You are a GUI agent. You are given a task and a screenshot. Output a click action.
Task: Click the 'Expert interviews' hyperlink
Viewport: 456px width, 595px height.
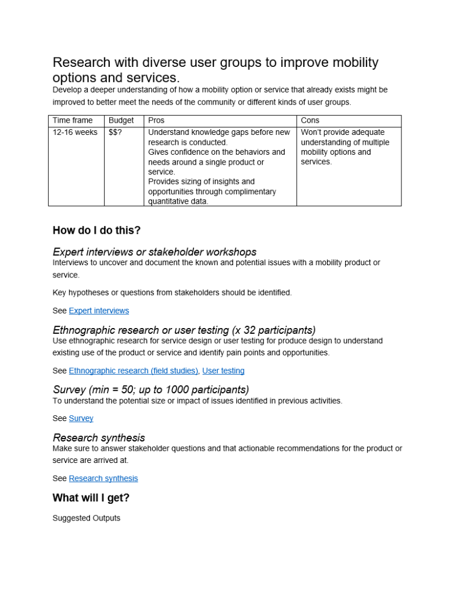99,311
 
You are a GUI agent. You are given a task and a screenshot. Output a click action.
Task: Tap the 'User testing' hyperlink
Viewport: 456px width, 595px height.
223,370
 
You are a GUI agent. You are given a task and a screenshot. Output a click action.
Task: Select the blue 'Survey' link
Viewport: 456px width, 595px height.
81,418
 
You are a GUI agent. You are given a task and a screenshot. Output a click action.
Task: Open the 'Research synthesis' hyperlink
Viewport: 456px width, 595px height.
103,478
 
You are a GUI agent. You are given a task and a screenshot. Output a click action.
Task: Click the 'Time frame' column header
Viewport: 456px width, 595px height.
73,120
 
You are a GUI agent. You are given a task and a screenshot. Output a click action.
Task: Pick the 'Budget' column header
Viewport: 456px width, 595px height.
121,120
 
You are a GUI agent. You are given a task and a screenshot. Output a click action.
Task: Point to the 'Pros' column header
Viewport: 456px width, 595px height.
156,120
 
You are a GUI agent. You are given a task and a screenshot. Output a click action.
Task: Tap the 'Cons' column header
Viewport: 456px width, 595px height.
310,120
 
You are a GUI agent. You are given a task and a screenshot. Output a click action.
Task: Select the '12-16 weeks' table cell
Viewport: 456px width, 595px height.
75,132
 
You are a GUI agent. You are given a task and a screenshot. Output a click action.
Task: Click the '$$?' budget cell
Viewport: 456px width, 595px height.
116,132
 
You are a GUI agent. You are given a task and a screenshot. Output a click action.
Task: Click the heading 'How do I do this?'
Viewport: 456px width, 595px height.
96,230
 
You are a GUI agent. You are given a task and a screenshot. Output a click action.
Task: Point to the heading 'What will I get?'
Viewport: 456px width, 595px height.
91,498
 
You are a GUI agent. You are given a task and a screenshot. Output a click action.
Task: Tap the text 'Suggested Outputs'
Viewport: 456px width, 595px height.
87,518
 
